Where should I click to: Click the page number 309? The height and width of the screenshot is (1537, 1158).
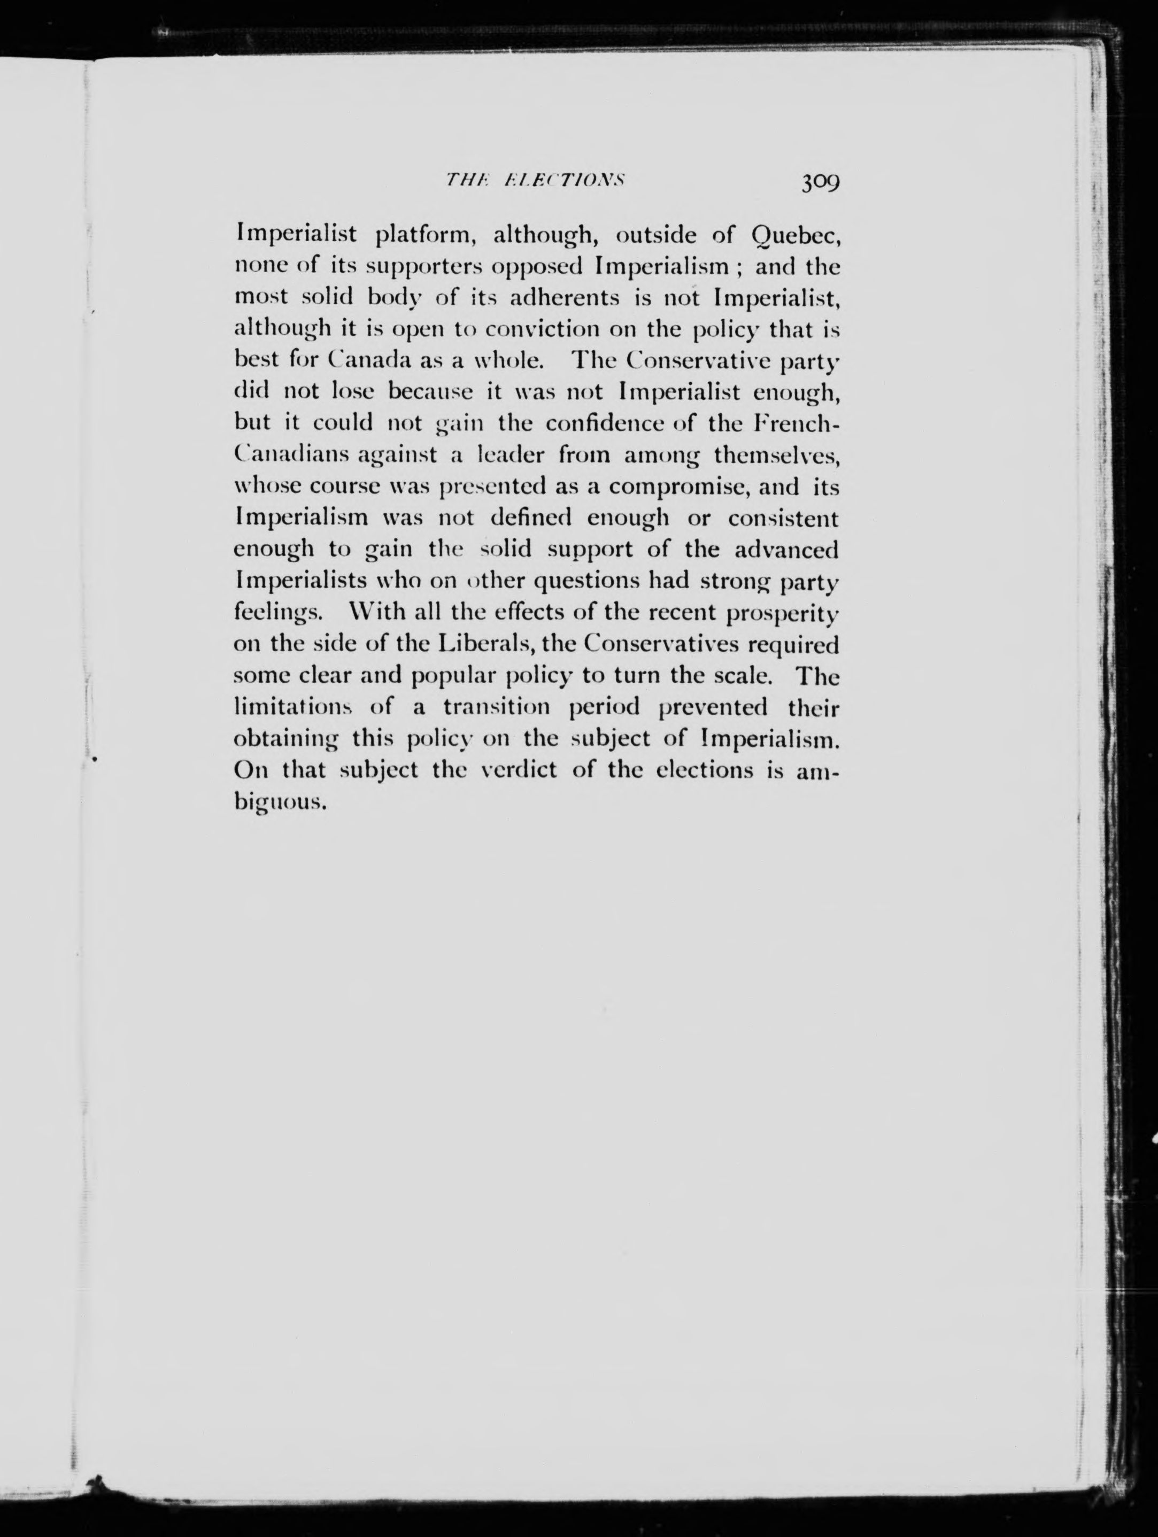coord(821,182)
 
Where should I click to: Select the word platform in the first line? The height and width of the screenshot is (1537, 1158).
coord(425,236)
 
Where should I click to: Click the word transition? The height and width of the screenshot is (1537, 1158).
coord(497,708)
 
